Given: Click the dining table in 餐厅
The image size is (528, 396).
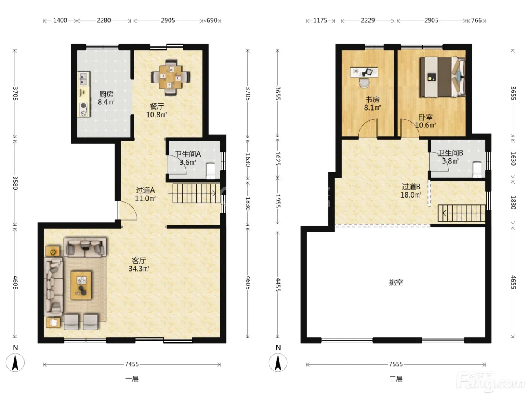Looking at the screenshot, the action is tap(170, 77).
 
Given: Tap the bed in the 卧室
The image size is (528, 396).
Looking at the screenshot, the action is tap(442, 77).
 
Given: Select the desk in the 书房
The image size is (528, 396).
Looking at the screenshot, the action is tap(364, 72).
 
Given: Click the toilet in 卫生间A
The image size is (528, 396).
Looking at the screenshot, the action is tap(210, 171).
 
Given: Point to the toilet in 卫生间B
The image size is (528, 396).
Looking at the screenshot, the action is tap(477, 169).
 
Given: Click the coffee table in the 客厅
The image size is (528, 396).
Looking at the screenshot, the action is tap(81, 285).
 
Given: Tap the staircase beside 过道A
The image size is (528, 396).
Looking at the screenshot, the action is tap(196, 193).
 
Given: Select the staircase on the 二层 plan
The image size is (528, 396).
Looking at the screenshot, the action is tap(461, 213).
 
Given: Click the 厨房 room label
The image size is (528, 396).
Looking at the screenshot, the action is tap(106, 94).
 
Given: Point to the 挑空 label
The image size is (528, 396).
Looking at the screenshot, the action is tap(396, 282).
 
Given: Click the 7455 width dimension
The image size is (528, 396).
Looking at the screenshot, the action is tap(132, 364).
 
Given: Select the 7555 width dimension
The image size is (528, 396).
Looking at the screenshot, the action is tap(396, 364).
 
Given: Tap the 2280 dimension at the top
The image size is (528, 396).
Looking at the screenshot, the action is tap(104, 20).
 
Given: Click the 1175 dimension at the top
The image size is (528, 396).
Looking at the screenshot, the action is tap(320, 20).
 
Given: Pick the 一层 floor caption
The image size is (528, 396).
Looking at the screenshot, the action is tap(132, 379).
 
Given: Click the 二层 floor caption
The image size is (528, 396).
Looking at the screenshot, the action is tap(396, 379).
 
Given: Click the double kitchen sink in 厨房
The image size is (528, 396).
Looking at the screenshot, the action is tap(84, 79).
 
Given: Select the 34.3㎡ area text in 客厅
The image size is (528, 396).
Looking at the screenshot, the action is tap(139, 269).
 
